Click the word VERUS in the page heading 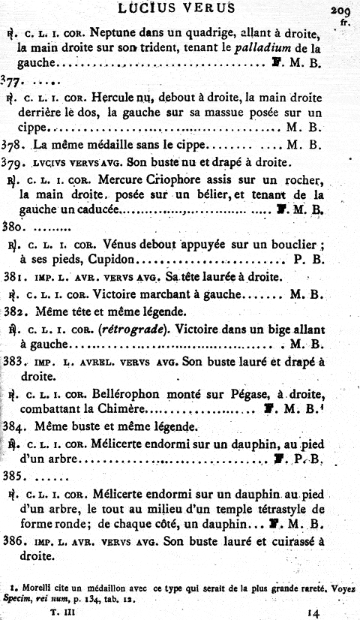pyautogui.click(x=208, y=8)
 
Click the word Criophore pyautogui.click(x=186, y=179)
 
